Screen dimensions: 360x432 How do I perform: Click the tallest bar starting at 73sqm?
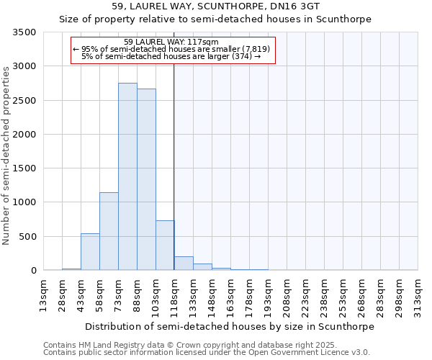coord(127,176)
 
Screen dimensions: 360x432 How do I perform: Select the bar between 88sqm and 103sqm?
coord(146,179)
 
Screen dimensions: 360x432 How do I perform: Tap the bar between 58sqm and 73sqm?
coord(109,231)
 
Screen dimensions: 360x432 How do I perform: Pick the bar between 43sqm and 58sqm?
coord(90,251)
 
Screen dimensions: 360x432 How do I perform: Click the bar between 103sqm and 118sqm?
coord(165,245)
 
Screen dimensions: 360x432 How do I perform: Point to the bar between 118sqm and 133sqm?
coord(184,264)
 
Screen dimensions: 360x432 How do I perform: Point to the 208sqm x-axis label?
coord(287,295)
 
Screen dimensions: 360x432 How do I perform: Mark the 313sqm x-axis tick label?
coord(418,295)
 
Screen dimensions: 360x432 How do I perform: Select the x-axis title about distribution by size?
coord(229,327)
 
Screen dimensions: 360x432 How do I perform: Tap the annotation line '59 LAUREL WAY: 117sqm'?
coord(166,42)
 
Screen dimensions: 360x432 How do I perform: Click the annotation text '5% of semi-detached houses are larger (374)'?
coord(171,56)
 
